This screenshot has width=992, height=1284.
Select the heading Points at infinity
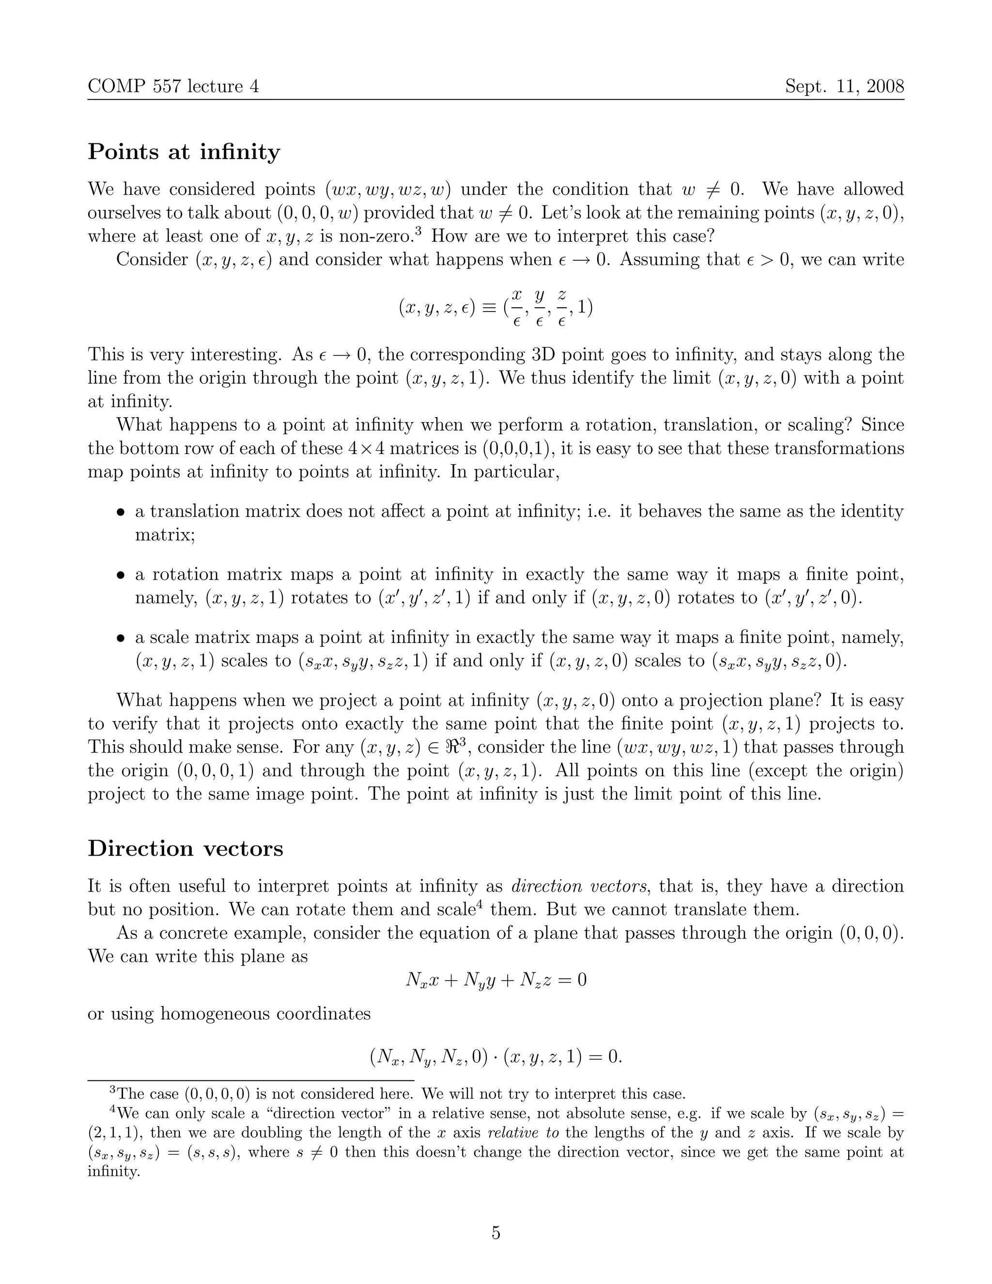point(184,152)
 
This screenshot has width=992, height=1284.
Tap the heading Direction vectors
point(185,848)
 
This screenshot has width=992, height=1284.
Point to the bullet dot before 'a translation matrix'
point(121,512)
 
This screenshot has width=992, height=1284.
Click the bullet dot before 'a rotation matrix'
point(121,575)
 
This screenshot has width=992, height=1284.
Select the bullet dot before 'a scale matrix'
point(121,638)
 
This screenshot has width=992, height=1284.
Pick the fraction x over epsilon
point(516,307)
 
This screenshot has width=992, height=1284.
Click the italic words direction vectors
point(579,886)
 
